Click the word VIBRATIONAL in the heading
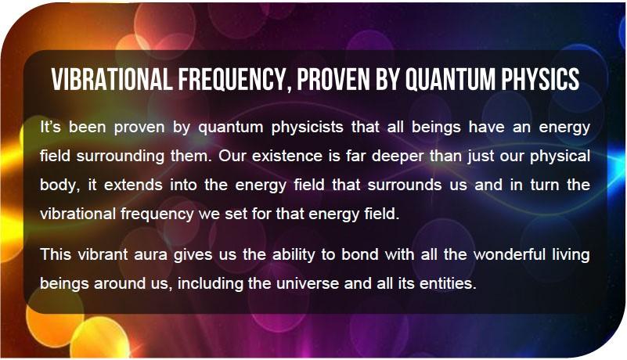pyautogui.click(x=112, y=79)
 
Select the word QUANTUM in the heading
pyautogui.click(x=451, y=79)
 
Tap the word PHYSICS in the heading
pyautogui.click(x=541, y=79)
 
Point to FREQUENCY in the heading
pyautogui.click(x=234, y=80)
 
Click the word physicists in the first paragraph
pyautogui.click(x=307, y=128)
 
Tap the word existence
pyautogui.click(x=287, y=156)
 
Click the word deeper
pyautogui.click(x=397, y=157)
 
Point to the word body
pyautogui.click(x=59, y=185)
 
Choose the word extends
pyautogui.click(x=133, y=185)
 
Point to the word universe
pyautogui.click(x=308, y=283)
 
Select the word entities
pyautogui.click(x=448, y=283)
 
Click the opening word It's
pyautogui.click(x=50, y=128)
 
